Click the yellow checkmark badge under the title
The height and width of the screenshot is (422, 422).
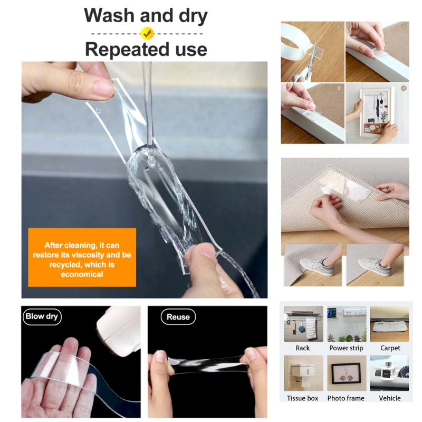(x=147, y=33)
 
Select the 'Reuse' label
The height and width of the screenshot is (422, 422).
(x=178, y=317)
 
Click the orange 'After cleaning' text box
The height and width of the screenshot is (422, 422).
(x=82, y=257)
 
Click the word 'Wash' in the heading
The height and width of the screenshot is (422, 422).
(x=109, y=15)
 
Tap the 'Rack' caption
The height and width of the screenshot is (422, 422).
(x=302, y=348)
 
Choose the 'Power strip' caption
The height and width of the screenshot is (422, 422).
(x=346, y=348)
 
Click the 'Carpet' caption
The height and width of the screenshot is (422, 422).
(x=390, y=348)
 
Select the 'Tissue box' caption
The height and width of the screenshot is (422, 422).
(x=302, y=398)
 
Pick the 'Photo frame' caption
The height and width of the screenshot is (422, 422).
(x=346, y=398)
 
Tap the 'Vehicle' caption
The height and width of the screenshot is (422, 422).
(x=390, y=398)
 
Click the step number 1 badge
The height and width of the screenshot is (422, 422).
(x=339, y=26)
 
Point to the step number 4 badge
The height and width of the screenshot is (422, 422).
(x=404, y=88)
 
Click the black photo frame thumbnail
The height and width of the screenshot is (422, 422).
(x=347, y=373)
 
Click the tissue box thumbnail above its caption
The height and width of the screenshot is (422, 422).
(x=304, y=373)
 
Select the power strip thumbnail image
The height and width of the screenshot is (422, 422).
(x=347, y=324)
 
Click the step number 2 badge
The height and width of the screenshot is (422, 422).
(x=404, y=26)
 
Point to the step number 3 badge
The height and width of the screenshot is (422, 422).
(x=339, y=88)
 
